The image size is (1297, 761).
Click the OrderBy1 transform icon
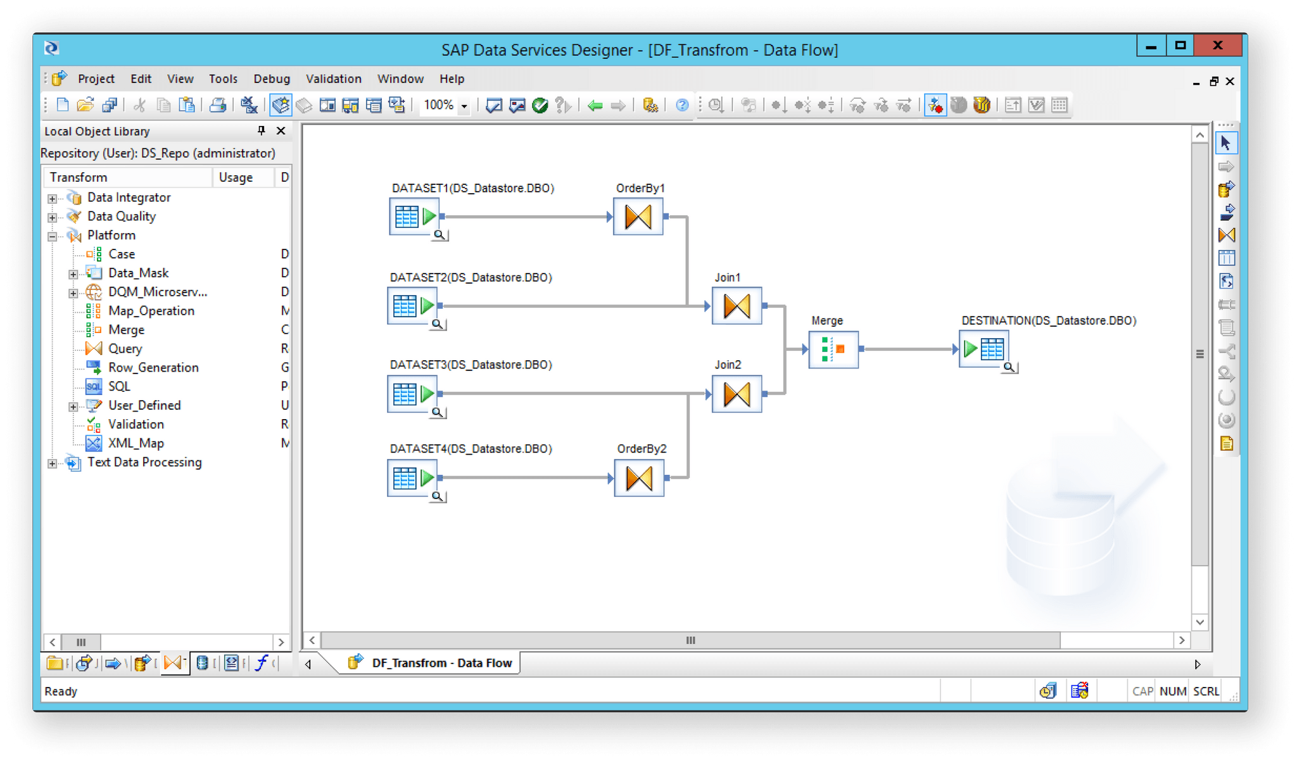638,217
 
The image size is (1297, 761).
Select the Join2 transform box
737,394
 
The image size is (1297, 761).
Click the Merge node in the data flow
833,349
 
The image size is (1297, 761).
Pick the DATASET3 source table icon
412,394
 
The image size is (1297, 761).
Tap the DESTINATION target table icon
983,349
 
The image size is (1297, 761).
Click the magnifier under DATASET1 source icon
439,236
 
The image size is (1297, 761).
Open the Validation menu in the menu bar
333,79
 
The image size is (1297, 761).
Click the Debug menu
271,79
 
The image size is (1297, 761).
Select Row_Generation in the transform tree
153,368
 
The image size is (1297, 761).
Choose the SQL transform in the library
119,387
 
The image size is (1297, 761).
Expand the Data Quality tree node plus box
53,217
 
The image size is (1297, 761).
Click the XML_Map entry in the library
136,443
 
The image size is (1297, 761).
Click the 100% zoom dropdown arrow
464,106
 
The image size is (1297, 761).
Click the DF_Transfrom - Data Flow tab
441,663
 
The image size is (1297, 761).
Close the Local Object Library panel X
281,131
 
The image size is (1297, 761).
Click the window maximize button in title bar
1180,46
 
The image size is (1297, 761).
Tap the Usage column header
236,178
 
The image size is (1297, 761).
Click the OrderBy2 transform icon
638,478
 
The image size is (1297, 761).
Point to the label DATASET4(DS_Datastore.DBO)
471,449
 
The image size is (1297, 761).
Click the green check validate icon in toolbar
540,106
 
